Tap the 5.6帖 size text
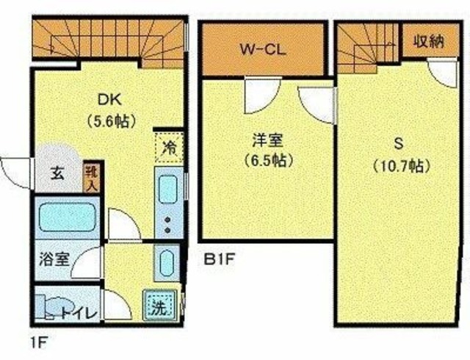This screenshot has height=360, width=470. point(112,121)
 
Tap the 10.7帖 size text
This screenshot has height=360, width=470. point(400,165)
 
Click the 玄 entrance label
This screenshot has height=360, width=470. point(58,174)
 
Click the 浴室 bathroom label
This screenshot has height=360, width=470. point(54,259)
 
